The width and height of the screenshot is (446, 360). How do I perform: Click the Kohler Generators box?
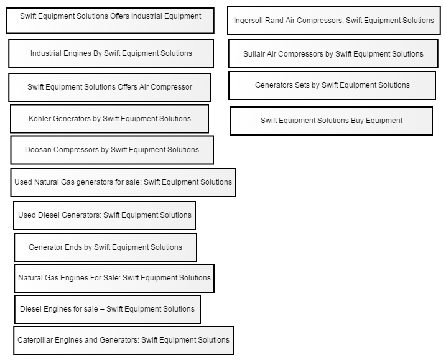(x=109, y=119)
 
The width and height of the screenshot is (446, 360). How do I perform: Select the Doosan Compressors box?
(x=112, y=150)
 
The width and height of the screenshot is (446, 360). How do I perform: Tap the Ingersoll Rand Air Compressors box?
(x=334, y=20)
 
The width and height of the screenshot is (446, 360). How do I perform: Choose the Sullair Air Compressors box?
(x=333, y=53)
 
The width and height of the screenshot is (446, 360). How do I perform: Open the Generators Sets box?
(x=332, y=85)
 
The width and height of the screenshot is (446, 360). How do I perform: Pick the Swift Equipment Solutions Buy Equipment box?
(x=332, y=121)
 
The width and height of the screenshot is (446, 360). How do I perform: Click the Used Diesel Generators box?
(x=105, y=215)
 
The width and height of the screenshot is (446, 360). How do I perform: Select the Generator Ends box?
(x=105, y=247)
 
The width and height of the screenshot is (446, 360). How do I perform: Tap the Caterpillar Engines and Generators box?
(x=123, y=340)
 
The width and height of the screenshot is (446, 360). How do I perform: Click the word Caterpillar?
(x=35, y=340)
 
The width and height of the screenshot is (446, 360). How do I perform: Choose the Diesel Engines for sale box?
(x=108, y=310)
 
